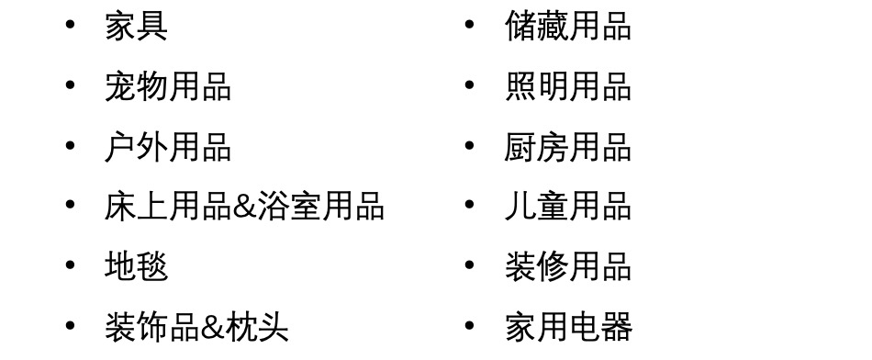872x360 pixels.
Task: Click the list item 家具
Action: click(x=136, y=27)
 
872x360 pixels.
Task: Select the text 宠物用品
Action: click(x=168, y=87)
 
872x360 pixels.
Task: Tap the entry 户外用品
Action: click(x=168, y=147)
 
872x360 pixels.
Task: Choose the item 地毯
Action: click(x=136, y=266)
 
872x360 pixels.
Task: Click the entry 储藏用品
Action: click(x=568, y=27)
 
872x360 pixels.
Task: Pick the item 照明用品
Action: click(x=568, y=87)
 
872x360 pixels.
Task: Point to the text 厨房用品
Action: click(x=568, y=147)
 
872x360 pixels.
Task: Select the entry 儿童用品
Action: click(x=568, y=207)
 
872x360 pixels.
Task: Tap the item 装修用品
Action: click(x=568, y=266)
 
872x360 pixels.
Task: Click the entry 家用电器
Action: click(x=568, y=326)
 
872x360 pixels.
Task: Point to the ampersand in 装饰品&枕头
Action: click(x=212, y=327)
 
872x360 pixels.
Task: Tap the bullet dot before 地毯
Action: click(x=71, y=265)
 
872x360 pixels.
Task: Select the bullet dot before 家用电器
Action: click(x=470, y=325)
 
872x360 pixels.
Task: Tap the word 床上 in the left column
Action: click(x=136, y=207)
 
